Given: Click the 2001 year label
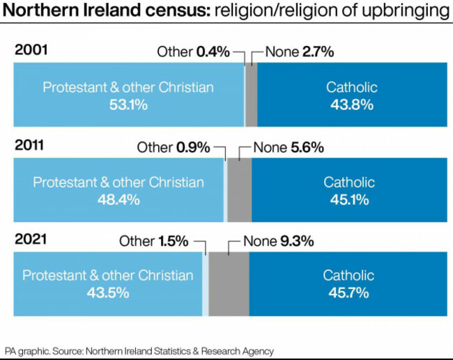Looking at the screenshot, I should [31, 50].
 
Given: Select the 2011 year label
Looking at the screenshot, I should [31, 146].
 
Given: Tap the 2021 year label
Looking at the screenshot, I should [31, 240].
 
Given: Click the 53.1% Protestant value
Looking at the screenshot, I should [128, 104].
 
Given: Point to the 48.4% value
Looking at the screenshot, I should [118, 199].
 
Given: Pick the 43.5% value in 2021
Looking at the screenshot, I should [107, 292].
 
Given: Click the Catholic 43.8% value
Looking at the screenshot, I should [351, 104].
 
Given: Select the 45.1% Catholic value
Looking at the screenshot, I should [348, 199].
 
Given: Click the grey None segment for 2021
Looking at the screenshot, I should [229, 284].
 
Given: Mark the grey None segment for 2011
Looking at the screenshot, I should [239, 189].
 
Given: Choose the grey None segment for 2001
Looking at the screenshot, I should [252, 95].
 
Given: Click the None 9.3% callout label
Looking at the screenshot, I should [278, 242].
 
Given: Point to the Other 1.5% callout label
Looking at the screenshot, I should [153, 242].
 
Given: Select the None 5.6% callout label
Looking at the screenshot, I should [288, 147].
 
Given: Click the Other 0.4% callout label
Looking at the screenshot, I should [193, 51].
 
